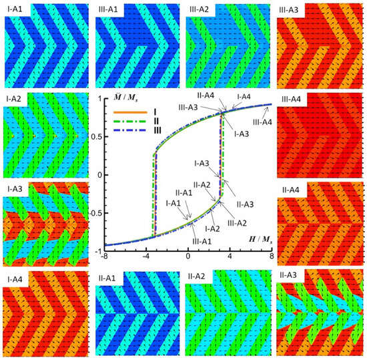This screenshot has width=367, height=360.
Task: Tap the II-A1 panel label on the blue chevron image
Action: (x=111, y=277)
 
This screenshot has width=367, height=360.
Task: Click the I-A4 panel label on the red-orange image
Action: (x=16, y=277)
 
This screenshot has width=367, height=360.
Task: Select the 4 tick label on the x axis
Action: (x=230, y=258)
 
